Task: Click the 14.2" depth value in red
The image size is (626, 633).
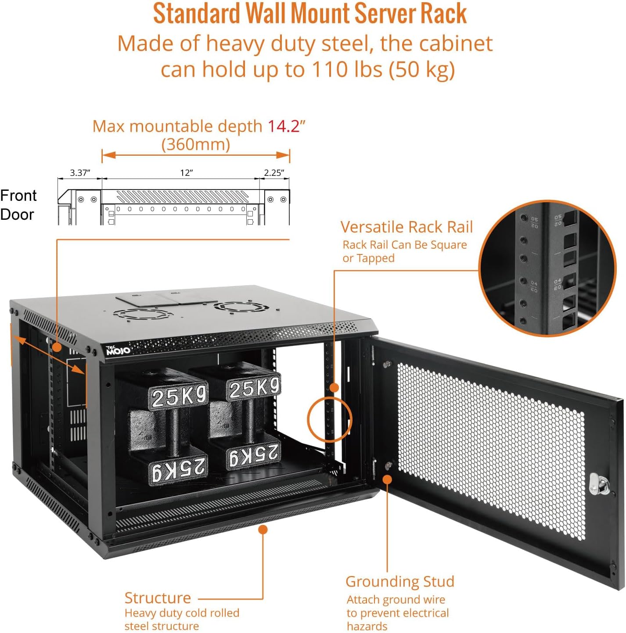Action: click(286, 126)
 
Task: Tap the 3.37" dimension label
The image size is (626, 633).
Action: click(80, 173)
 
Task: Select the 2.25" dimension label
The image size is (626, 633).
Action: click(274, 173)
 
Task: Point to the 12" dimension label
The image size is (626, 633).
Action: click(187, 173)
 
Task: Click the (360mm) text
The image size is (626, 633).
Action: click(196, 144)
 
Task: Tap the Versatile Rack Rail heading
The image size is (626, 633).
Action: click(407, 227)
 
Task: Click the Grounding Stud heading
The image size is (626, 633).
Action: click(399, 581)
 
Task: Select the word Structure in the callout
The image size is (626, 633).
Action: click(158, 598)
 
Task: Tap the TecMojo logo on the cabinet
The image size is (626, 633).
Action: click(118, 350)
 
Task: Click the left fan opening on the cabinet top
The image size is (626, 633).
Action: click(142, 315)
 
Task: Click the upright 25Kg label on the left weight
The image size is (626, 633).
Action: click(179, 397)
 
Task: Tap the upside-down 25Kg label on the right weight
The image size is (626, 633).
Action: click(254, 455)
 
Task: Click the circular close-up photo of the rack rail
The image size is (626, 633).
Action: click(547, 268)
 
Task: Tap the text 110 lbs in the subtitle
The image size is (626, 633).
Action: click(347, 69)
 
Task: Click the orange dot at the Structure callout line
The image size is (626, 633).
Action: click(263, 529)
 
